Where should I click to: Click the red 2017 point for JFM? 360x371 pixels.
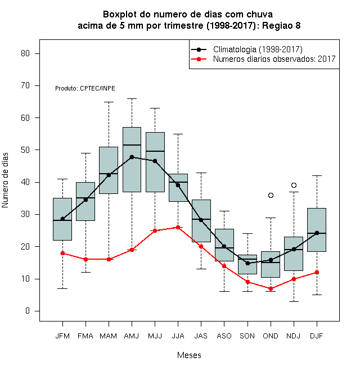click(62, 253)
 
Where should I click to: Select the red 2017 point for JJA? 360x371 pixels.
click(178, 228)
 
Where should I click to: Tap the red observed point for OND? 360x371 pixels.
click(271, 289)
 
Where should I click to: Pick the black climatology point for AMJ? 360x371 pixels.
click(132, 157)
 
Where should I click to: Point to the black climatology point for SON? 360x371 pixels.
click(247, 263)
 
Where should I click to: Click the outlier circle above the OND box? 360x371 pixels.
click(271, 195)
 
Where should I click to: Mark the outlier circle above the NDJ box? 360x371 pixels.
click(294, 185)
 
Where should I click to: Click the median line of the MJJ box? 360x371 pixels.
click(155, 151)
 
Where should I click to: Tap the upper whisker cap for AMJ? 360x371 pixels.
click(132, 98)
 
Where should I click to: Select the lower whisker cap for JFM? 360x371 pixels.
click(62, 289)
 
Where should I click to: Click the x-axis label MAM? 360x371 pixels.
click(108, 336)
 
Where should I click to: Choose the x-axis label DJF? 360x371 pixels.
click(317, 336)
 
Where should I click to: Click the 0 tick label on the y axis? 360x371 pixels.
click(28, 311)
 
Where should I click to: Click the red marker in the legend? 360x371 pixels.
click(199, 59)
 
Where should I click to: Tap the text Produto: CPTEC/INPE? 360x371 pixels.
click(85, 88)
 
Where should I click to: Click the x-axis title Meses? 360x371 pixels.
click(189, 355)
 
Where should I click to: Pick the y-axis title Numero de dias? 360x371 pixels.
click(5, 180)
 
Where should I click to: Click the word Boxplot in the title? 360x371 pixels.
click(120, 15)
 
